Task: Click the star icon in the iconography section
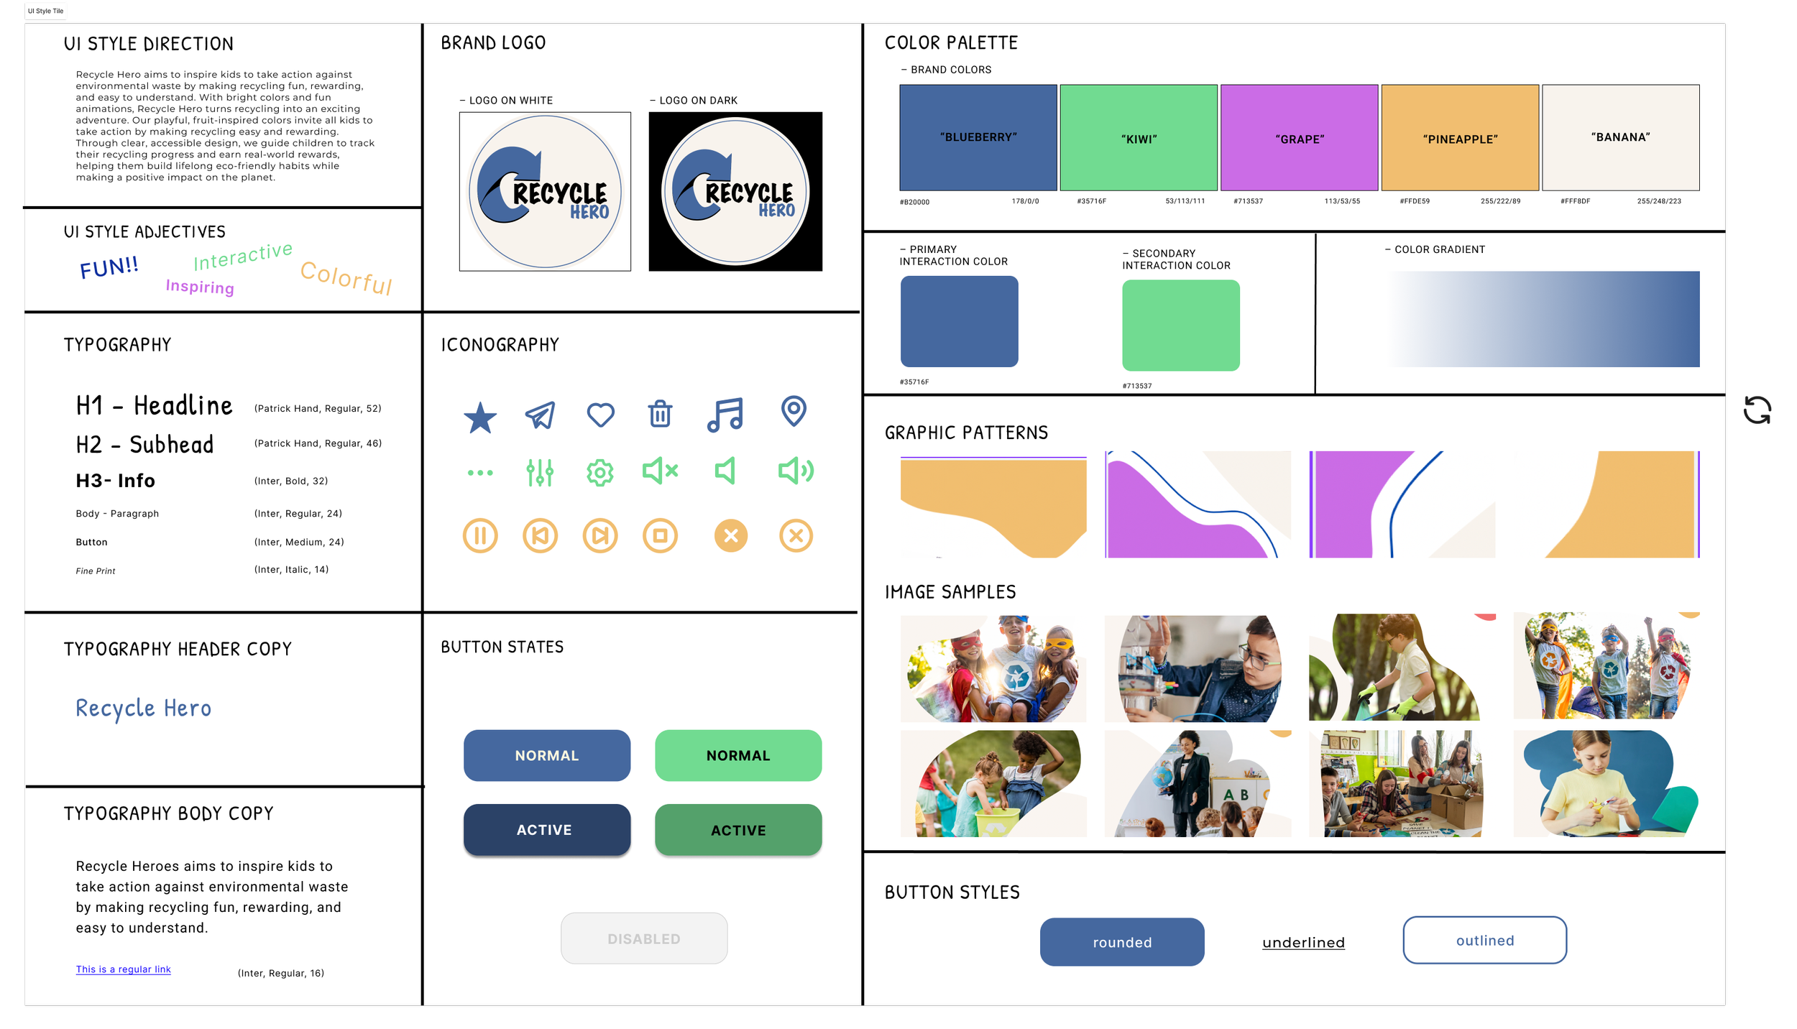click(480, 417)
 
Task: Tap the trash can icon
click(660, 415)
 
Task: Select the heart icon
click(600, 415)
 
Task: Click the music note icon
click(725, 415)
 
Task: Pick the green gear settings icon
click(599, 473)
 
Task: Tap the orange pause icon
click(480, 535)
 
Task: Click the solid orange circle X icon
click(730, 535)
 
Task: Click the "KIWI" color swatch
click(1138, 137)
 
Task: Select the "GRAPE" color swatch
click(1299, 137)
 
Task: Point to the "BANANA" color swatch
click(1620, 137)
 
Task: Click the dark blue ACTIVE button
click(546, 830)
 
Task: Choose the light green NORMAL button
click(737, 755)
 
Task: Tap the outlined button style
click(1484, 940)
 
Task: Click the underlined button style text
click(1303, 943)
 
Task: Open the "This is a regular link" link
click(124, 969)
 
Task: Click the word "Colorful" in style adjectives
click(346, 277)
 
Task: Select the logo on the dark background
click(735, 191)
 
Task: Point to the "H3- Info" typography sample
click(116, 481)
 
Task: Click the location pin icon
click(794, 412)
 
